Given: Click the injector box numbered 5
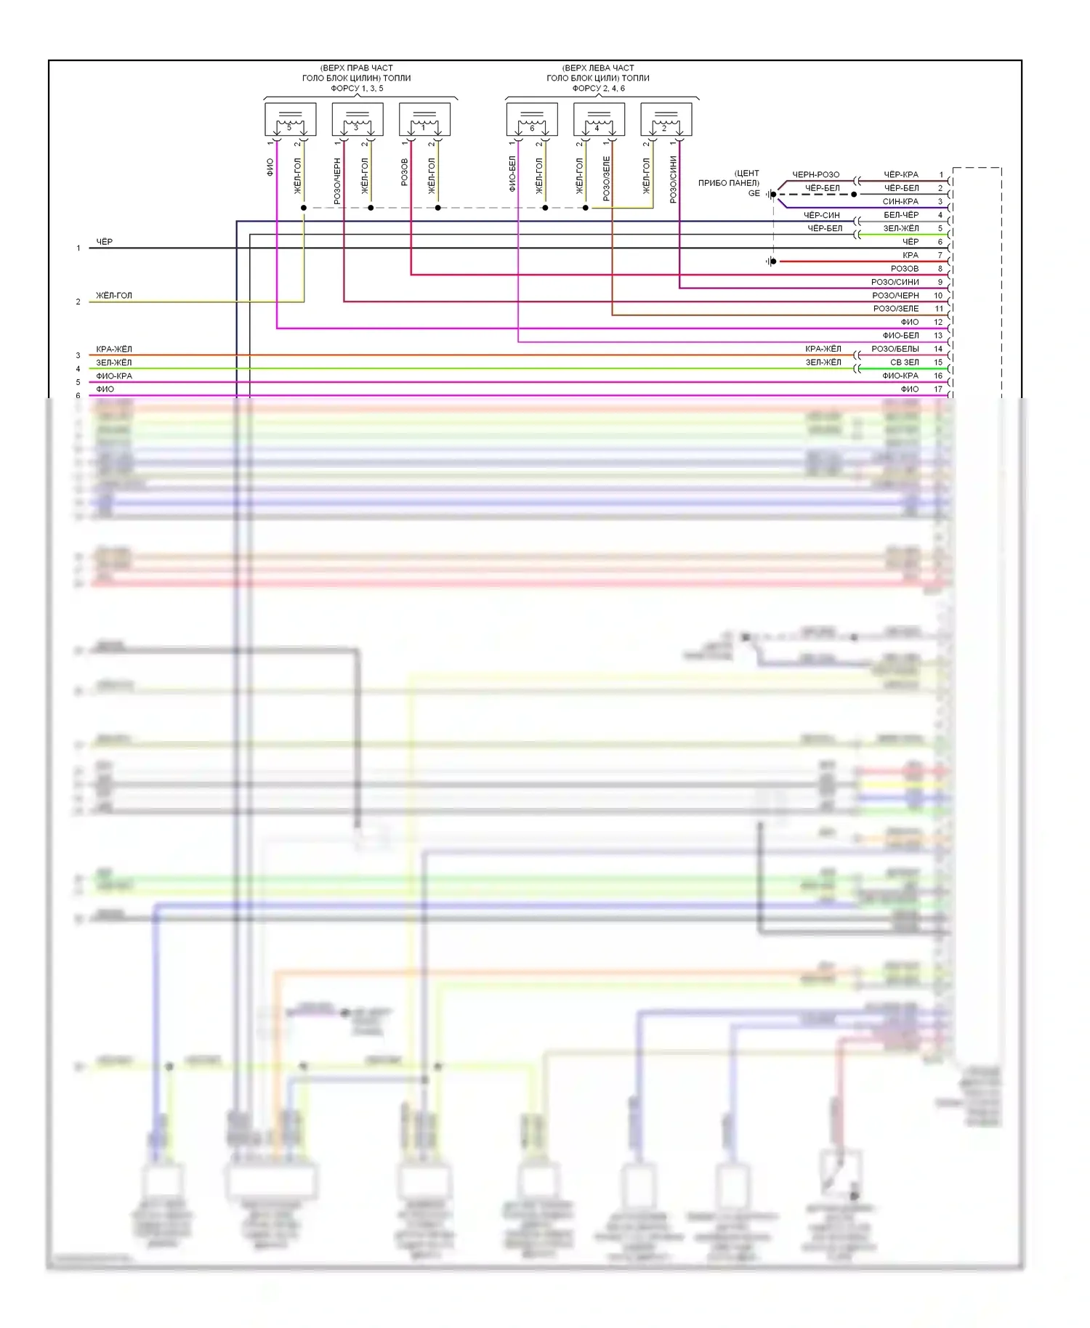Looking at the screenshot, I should pyautogui.click(x=290, y=119).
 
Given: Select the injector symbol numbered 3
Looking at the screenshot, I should pyautogui.click(x=358, y=119).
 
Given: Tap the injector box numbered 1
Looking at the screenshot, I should pyautogui.click(x=424, y=119).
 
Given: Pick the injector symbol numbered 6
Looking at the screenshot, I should pyautogui.click(x=532, y=119).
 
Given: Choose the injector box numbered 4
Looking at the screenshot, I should pyautogui.click(x=599, y=119).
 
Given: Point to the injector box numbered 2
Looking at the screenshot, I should pyautogui.click(x=666, y=119).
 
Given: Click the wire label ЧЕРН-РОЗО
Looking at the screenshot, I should pyautogui.click(x=815, y=175).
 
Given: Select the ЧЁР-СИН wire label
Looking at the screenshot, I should pyautogui.click(x=821, y=215).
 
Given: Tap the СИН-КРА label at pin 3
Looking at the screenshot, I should pyautogui.click(x=900, y=202).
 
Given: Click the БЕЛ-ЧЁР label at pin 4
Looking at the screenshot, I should pyautogui.click(x=901, y=215).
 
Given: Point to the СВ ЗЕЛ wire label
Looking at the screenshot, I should pyautogui.click(x=905, y=363).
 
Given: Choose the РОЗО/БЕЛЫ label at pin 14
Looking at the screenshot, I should pyautogui.click(x=895, y=349).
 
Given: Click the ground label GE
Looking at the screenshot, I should pyautogui.click(x=754, y=193).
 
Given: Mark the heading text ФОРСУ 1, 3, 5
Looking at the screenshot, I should pyautogui.click(x=357, y=89).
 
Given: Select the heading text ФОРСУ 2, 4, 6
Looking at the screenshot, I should pyautogui.click(x=598, y=89).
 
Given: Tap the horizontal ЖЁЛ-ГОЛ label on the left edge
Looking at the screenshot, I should pyautogui.click(x=114, y=296).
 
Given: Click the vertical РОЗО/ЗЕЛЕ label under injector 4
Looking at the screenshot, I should pyautogui.click(x=607, y=179).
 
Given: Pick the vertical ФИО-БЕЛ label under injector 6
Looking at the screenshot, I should pyautogui.click(x=512, y=174).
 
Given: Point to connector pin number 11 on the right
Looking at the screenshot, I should pyautogui.click(x=939, y=309).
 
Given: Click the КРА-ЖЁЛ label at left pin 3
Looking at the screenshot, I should pyautogui.click(x=114, y=349).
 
